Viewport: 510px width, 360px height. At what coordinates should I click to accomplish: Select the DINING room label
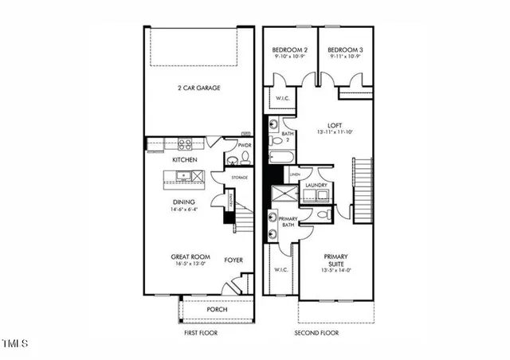coord(184,202)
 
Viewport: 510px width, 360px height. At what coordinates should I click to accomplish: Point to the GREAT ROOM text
coord(190,256)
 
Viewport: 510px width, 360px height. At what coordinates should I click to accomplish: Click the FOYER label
coord(233,260)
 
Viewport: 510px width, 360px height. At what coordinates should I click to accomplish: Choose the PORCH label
coord(217,310)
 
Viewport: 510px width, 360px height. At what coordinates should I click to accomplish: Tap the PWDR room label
coord(233,146)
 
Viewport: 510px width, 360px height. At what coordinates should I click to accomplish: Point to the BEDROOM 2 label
coord(289,49)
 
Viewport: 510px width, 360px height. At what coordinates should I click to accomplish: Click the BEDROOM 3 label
coord(345,49)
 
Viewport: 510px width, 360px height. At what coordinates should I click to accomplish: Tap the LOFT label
coord(323,125)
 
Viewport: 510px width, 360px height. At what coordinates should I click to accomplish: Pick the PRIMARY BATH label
coord(288,221)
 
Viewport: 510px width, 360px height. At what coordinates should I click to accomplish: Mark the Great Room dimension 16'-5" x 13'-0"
coord(190,265)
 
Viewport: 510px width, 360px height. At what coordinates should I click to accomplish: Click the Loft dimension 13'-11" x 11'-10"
coord(323,133)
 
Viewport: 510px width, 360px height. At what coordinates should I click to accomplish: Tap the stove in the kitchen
coord(186,144)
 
